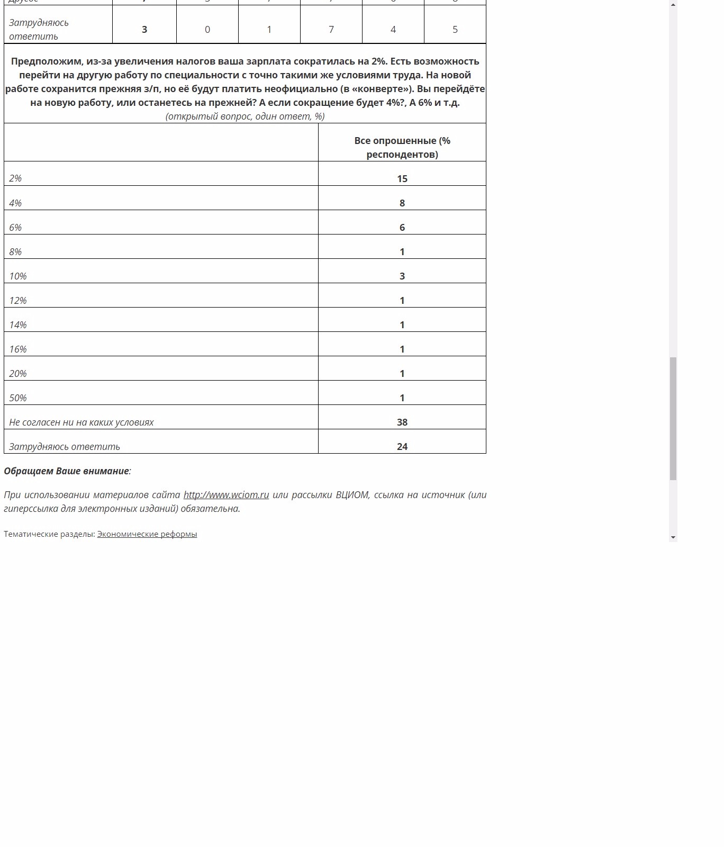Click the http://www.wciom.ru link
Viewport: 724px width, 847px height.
226,495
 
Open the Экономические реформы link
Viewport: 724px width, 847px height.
147,534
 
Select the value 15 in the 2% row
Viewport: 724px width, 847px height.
402,179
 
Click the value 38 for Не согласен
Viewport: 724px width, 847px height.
402,422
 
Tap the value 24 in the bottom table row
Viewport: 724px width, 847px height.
402,447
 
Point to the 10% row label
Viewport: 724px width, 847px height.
18,276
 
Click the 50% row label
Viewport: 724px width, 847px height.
18,398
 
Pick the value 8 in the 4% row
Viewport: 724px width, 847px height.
402,203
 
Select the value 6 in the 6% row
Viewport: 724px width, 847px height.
402,228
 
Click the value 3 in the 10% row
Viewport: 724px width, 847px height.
402,276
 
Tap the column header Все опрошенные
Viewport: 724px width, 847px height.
402,148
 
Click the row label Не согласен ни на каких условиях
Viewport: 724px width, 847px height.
82,422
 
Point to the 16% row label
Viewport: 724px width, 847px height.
18,349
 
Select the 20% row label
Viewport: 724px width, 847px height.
18,374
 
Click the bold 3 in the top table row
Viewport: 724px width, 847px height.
144,30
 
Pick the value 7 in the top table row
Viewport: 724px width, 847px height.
331,30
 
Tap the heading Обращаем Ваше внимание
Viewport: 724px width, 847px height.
67,471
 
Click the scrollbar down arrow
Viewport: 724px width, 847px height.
673,537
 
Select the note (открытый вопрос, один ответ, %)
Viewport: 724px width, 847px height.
245,116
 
